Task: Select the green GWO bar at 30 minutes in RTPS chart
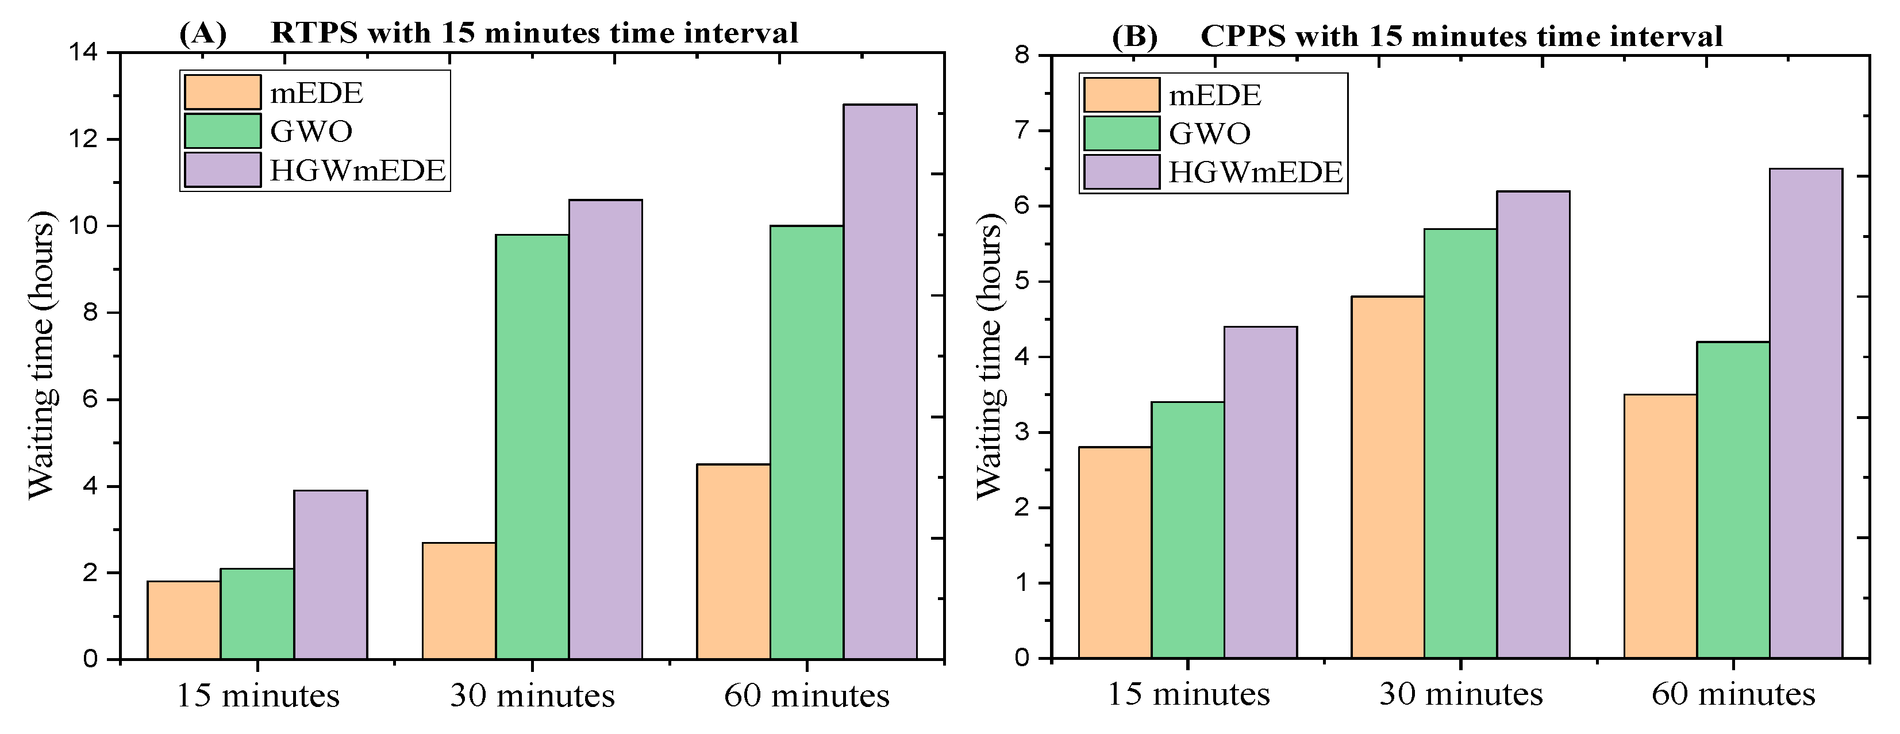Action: pyautogui.click(x=532, y=446)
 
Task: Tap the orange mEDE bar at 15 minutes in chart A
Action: pyautogui.click(x=184, y=620)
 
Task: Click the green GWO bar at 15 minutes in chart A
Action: pyautogui.click(x=257, y=613)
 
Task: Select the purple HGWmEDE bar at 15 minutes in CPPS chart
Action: pyautogui.click(x=1260, y=492)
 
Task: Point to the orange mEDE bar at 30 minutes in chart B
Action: pyautogui.click(x=1387, y=476)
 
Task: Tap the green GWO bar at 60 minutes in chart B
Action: pyautogui.click(x=1733, y=499)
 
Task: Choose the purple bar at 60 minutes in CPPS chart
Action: pyautogui.click(x=1806, y=413)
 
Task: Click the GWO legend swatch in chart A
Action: pyautogui.click(x=222, y=131)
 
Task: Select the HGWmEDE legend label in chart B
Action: pyautogui.click(x=1255, y=172)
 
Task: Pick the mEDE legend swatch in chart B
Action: pyautogui.click(x=1121, y=95)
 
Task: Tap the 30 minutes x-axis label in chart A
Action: pyautogui.click(x=532, y=695)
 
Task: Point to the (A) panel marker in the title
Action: pyautogui.click(x=203, y=33)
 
